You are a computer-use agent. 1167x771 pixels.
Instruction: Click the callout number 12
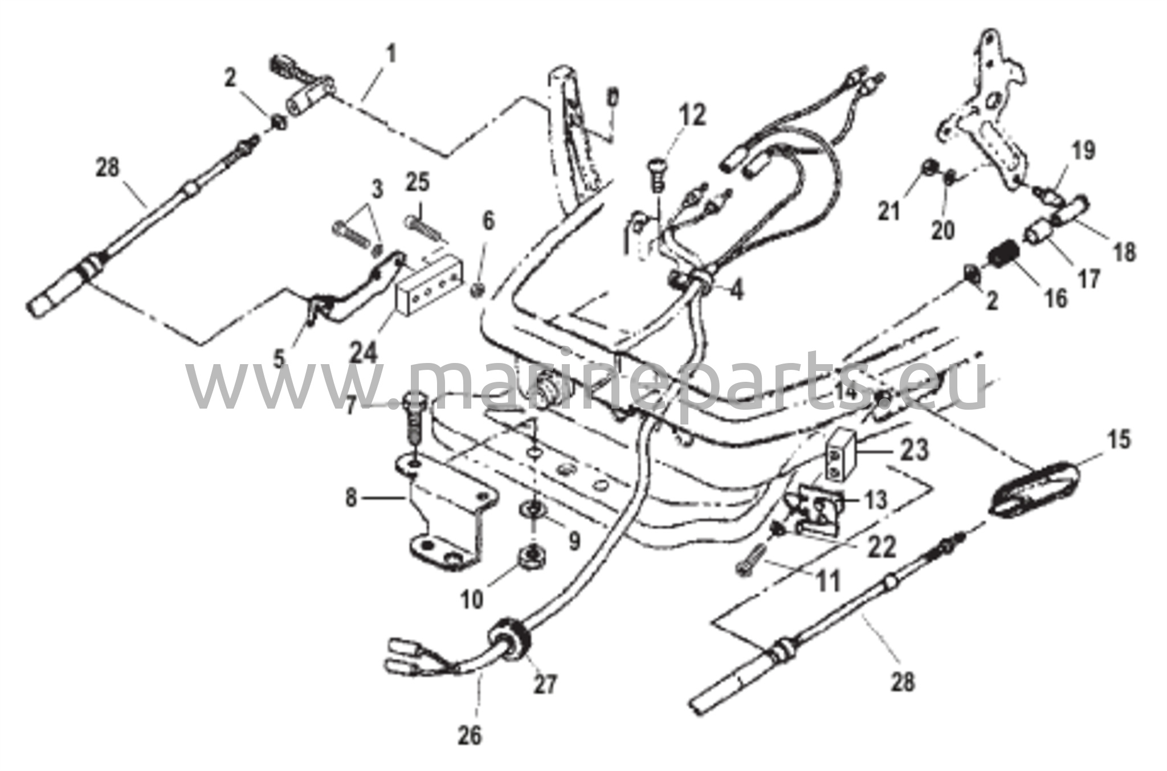point(691,116)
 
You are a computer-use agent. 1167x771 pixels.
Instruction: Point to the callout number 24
point(364,353)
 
